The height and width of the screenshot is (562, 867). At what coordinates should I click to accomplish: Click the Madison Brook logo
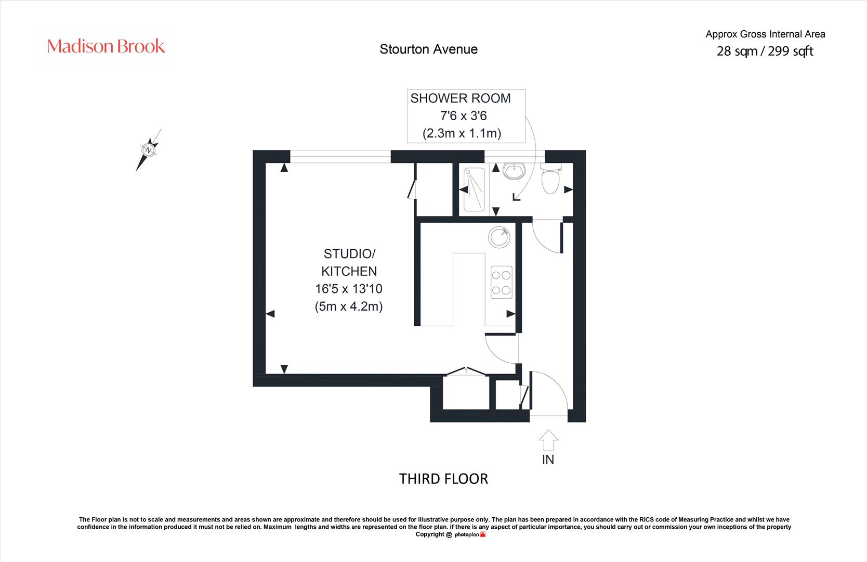click(106, 46)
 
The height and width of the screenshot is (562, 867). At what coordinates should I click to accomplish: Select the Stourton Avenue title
click(428, 49)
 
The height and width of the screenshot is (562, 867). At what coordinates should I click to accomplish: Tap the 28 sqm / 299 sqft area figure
click(765, 51)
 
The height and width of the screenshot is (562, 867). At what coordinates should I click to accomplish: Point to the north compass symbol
click(149, 150)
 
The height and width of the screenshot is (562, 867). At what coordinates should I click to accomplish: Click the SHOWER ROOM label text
click(461, 98)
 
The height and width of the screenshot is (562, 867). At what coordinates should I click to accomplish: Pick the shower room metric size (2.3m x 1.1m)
click(462, 133)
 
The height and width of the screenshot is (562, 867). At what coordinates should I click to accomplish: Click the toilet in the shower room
click(550, 178)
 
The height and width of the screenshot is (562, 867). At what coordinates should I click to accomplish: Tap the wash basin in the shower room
click(514, 171)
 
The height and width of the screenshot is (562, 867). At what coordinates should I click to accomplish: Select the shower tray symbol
click(474, 189)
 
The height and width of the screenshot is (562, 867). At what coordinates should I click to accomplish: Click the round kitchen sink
click(499, 237)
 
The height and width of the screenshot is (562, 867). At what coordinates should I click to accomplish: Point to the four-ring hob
click(501, 282)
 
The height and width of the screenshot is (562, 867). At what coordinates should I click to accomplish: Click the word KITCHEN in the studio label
click(349, 271)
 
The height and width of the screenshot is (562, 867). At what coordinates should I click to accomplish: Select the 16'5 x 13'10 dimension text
click(349, 289)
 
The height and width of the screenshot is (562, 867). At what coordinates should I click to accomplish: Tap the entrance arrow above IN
click(548, 440)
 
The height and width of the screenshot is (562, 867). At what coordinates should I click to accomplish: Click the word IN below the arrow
click(548, 459)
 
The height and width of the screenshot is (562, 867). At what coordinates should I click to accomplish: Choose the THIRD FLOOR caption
click(443, 479)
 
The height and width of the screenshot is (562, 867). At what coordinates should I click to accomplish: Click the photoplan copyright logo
click(470, 535)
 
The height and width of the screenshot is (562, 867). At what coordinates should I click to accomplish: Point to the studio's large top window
click(340, 157)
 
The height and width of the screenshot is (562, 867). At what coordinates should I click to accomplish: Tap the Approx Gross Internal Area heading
click(765, 34)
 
